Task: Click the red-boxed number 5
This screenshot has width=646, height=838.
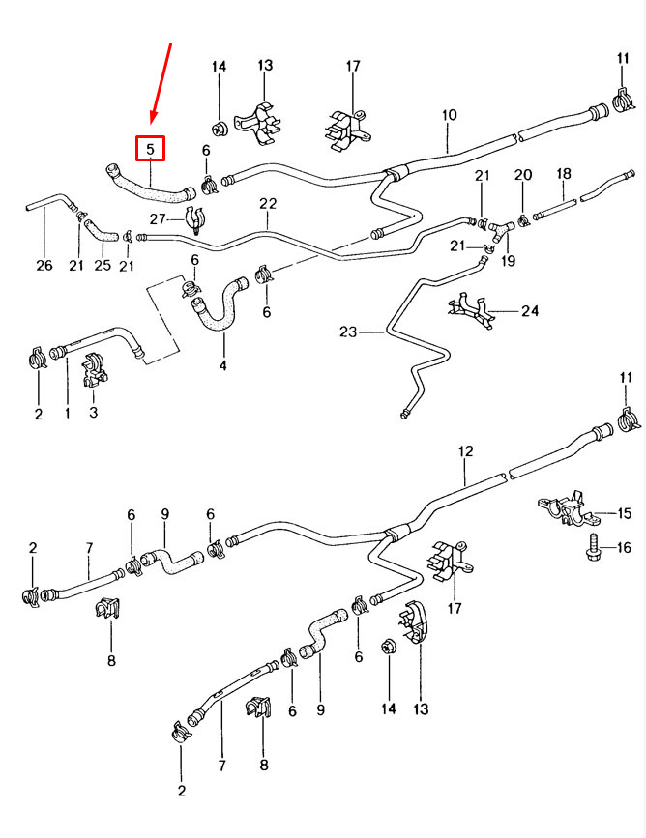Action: (x=150, y=149)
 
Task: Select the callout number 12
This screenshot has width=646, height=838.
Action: (x=465, y=451)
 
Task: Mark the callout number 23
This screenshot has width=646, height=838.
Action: (x=348, y=332)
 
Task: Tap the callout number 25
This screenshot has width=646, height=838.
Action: (x=102, y=266)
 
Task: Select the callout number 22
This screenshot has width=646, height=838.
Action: (x=268, y=204)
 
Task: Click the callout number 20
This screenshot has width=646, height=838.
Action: (x=522, y=175)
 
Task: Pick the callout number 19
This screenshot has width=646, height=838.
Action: (x=507, y=260)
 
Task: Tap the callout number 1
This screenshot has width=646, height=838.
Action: (x=68, y=414)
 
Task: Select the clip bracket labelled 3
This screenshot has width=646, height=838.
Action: (x=94, y=372)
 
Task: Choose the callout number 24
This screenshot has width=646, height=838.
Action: (x=529, y=311)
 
